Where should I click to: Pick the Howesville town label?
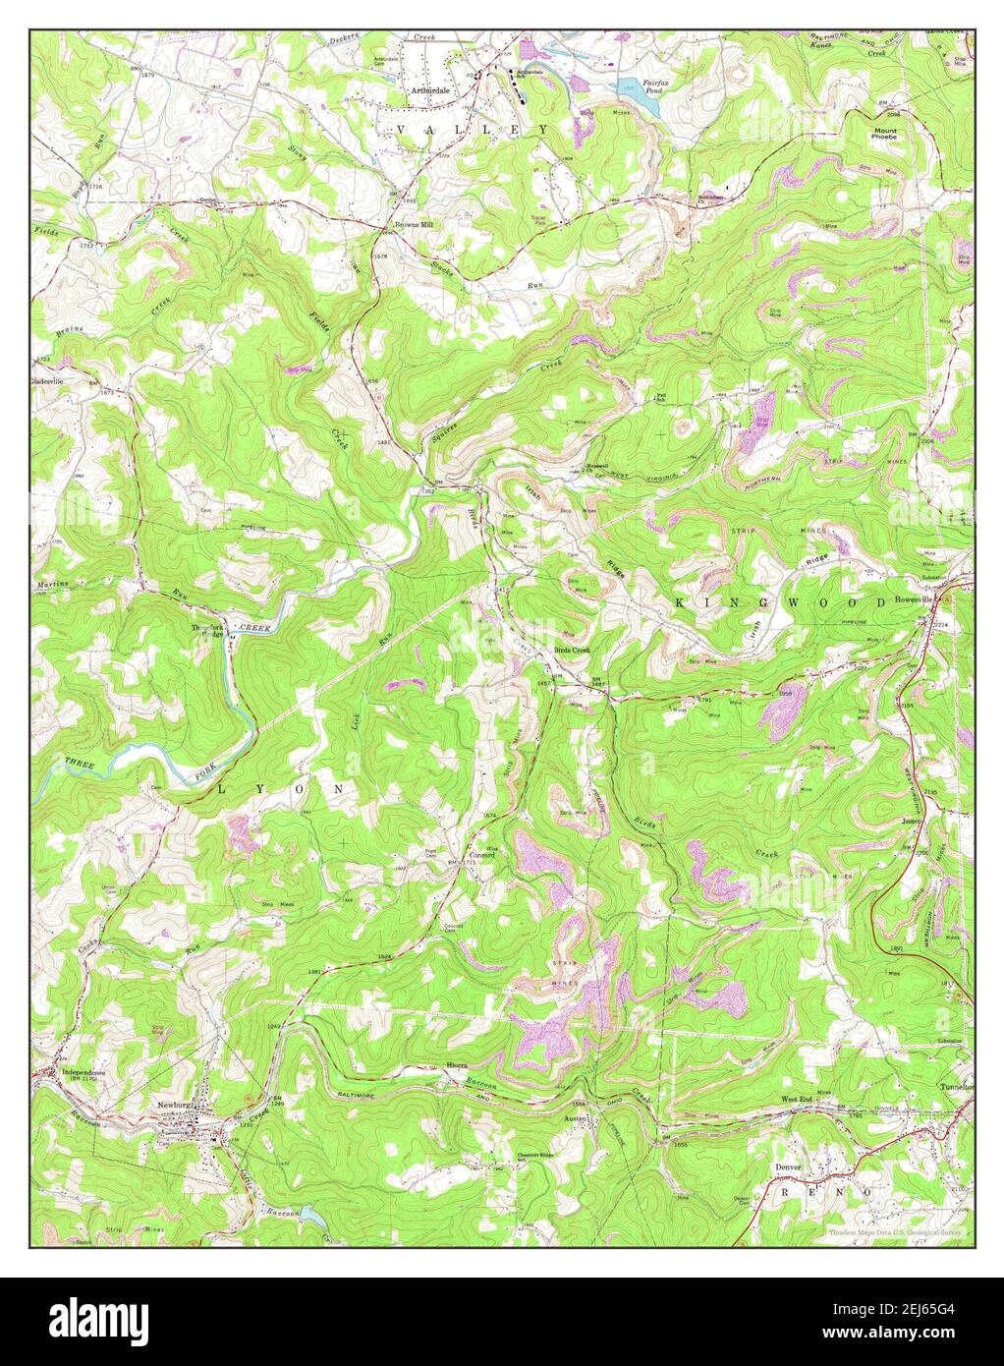916,598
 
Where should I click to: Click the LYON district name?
279,789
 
